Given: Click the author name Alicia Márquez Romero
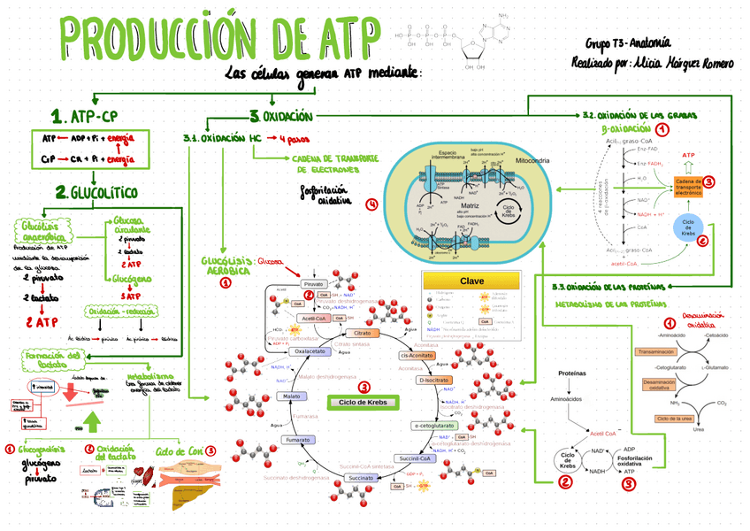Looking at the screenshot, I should (x=671, y=63).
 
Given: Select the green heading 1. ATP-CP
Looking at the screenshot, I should (x=85, y=115).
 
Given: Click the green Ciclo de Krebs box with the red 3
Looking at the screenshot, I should (x=364, y=403).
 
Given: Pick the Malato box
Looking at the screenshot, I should (x=291, y=396).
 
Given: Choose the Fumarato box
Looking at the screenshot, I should (x=297, y=439).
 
